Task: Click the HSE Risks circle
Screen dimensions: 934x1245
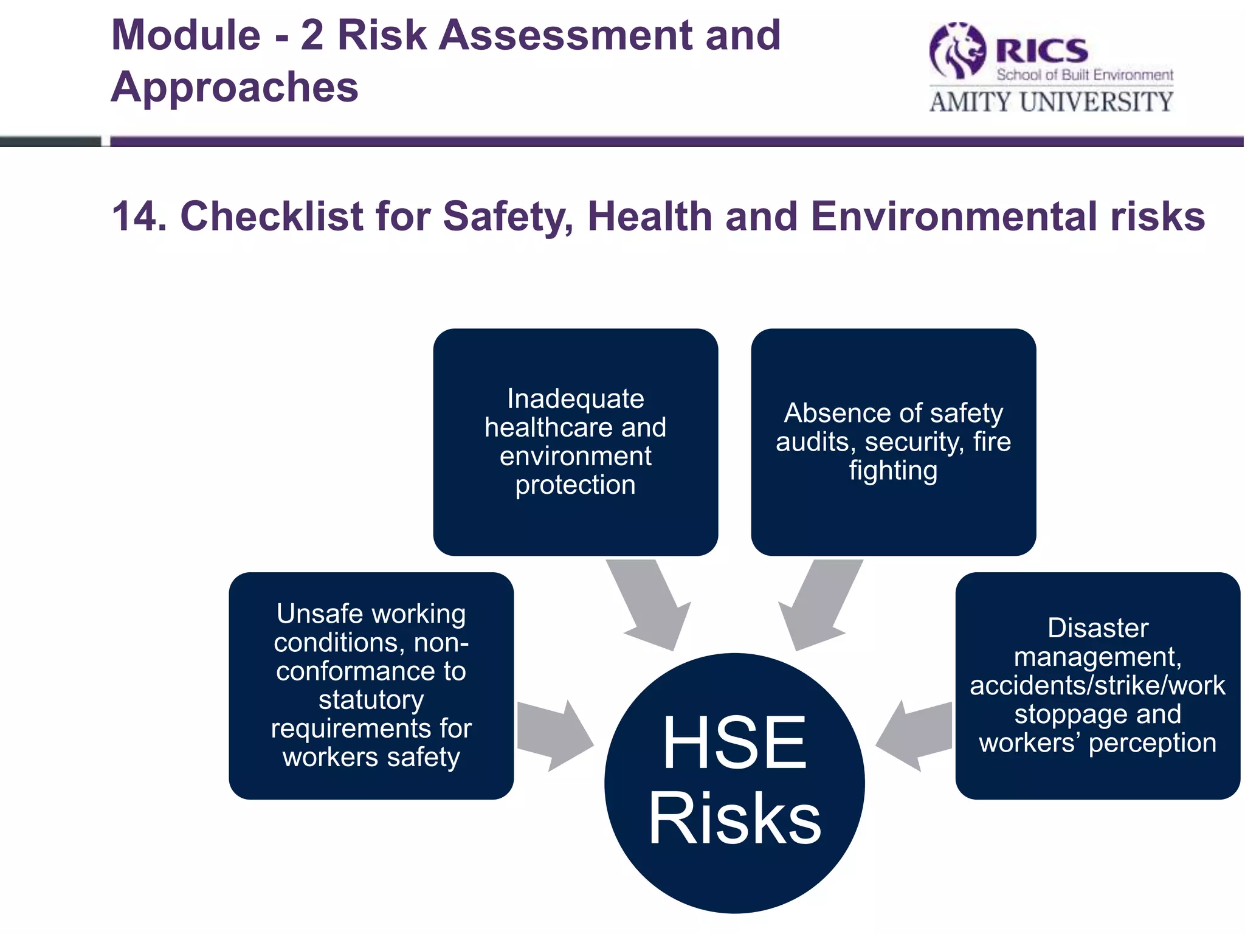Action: pyautogui.click(x=734, y=783)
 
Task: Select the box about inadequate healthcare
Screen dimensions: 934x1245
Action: pyautogui.click(x=575, y=442)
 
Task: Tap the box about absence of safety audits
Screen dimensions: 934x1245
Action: pyautogui.click(x=893, y=442)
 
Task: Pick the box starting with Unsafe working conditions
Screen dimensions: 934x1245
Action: pyautogui.click(x=371, y=685)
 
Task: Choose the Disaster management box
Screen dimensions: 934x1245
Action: pyautogui.click(x=1097, y=685)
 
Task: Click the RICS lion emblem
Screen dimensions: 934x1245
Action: pyautogui.click(x=957, y=51)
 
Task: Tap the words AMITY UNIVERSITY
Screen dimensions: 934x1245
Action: pyautogui.click(x=1051, y=102)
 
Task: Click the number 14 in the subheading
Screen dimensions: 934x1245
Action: pyautogui.click(x=139, y=216)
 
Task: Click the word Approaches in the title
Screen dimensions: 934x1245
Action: pyautogui.click(x=235, y=87)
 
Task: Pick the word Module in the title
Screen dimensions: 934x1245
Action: pyautogui.click(x=186, y=35)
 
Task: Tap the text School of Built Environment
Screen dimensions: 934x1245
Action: pyautogui.click(x=1085, y=75)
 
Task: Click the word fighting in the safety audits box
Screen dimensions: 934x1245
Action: pyautogui.click(x=893, y=470)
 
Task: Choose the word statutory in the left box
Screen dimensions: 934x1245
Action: pyautogui.click(x=371, y=700)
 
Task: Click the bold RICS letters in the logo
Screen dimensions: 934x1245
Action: pyautogui.click(x=1042, y=50)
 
